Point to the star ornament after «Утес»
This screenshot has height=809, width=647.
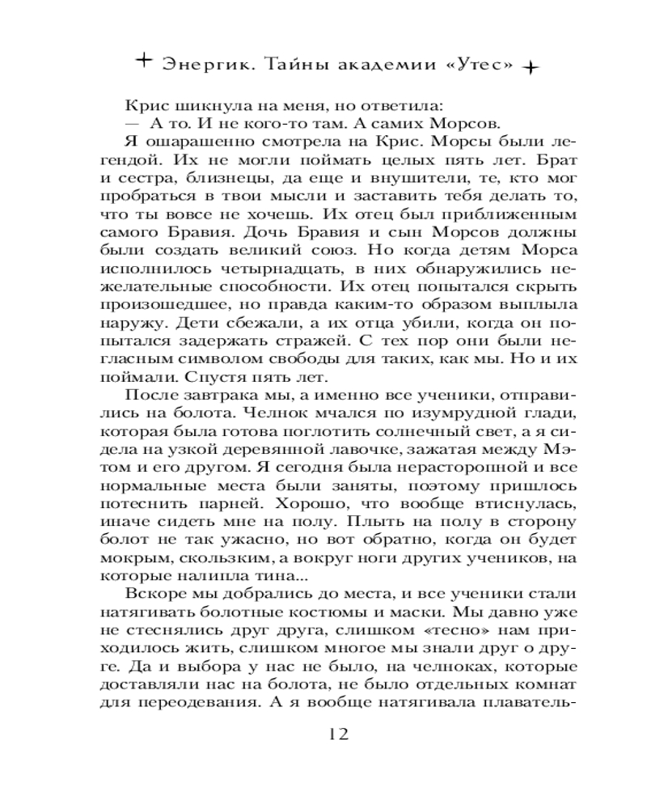coord(531,68)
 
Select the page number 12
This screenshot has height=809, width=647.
coord(337,735)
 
